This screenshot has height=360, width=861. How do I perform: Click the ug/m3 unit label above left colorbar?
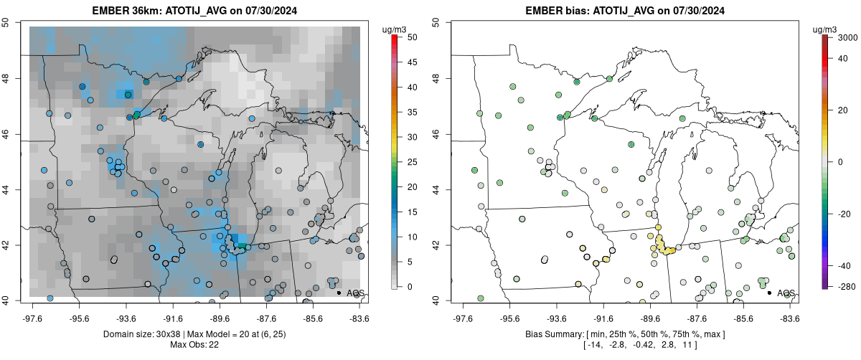tap(396, 29)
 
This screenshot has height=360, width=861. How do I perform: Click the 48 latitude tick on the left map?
tap(14, 78)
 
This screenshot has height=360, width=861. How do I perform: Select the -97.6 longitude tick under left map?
tap(32, 317)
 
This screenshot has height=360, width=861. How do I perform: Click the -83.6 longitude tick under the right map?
tap(789, 317)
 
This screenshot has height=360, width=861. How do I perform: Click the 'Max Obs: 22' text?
tap(194, 345)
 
